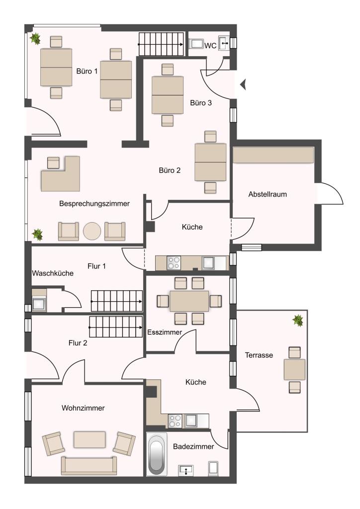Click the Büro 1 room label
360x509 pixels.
(87, 71)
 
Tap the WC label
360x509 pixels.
(210, 46)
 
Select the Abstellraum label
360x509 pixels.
(268, 194)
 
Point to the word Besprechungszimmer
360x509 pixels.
(94, 203)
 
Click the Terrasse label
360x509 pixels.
(259, 355)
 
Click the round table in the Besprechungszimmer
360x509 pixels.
(92, 231)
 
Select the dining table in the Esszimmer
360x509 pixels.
(189, 301)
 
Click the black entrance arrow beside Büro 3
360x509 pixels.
(243, 85)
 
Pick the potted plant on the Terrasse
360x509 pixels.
(298, 321)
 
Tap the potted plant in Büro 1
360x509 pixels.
(35, 39)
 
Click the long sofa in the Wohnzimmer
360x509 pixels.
(89, 466)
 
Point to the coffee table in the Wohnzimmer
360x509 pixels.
(90, 439)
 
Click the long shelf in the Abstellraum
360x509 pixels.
(273, 155)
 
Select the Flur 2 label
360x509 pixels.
(78, 343)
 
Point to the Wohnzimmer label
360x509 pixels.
(83, 408)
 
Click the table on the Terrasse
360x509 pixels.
(294, 370)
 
